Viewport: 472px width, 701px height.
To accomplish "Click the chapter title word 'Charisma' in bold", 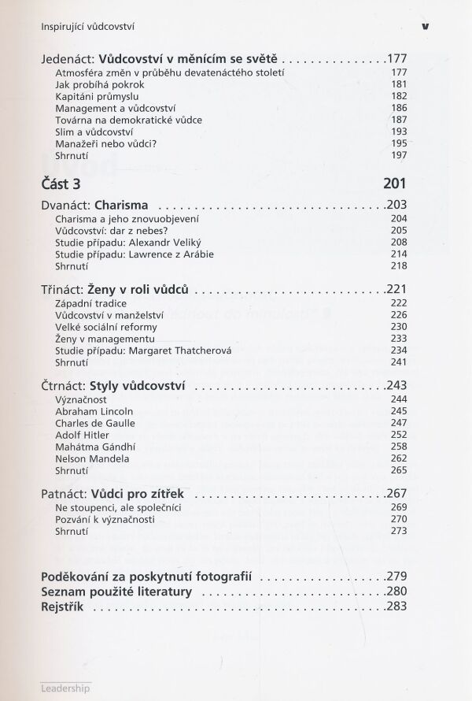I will click(x=120, y=205).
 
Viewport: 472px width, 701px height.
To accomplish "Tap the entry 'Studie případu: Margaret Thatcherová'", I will click(x=143, y=350).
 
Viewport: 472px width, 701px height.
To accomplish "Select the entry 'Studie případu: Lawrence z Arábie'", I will click(x=135, y=254).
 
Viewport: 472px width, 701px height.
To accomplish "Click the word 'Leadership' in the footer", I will click(x=65, y=687).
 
